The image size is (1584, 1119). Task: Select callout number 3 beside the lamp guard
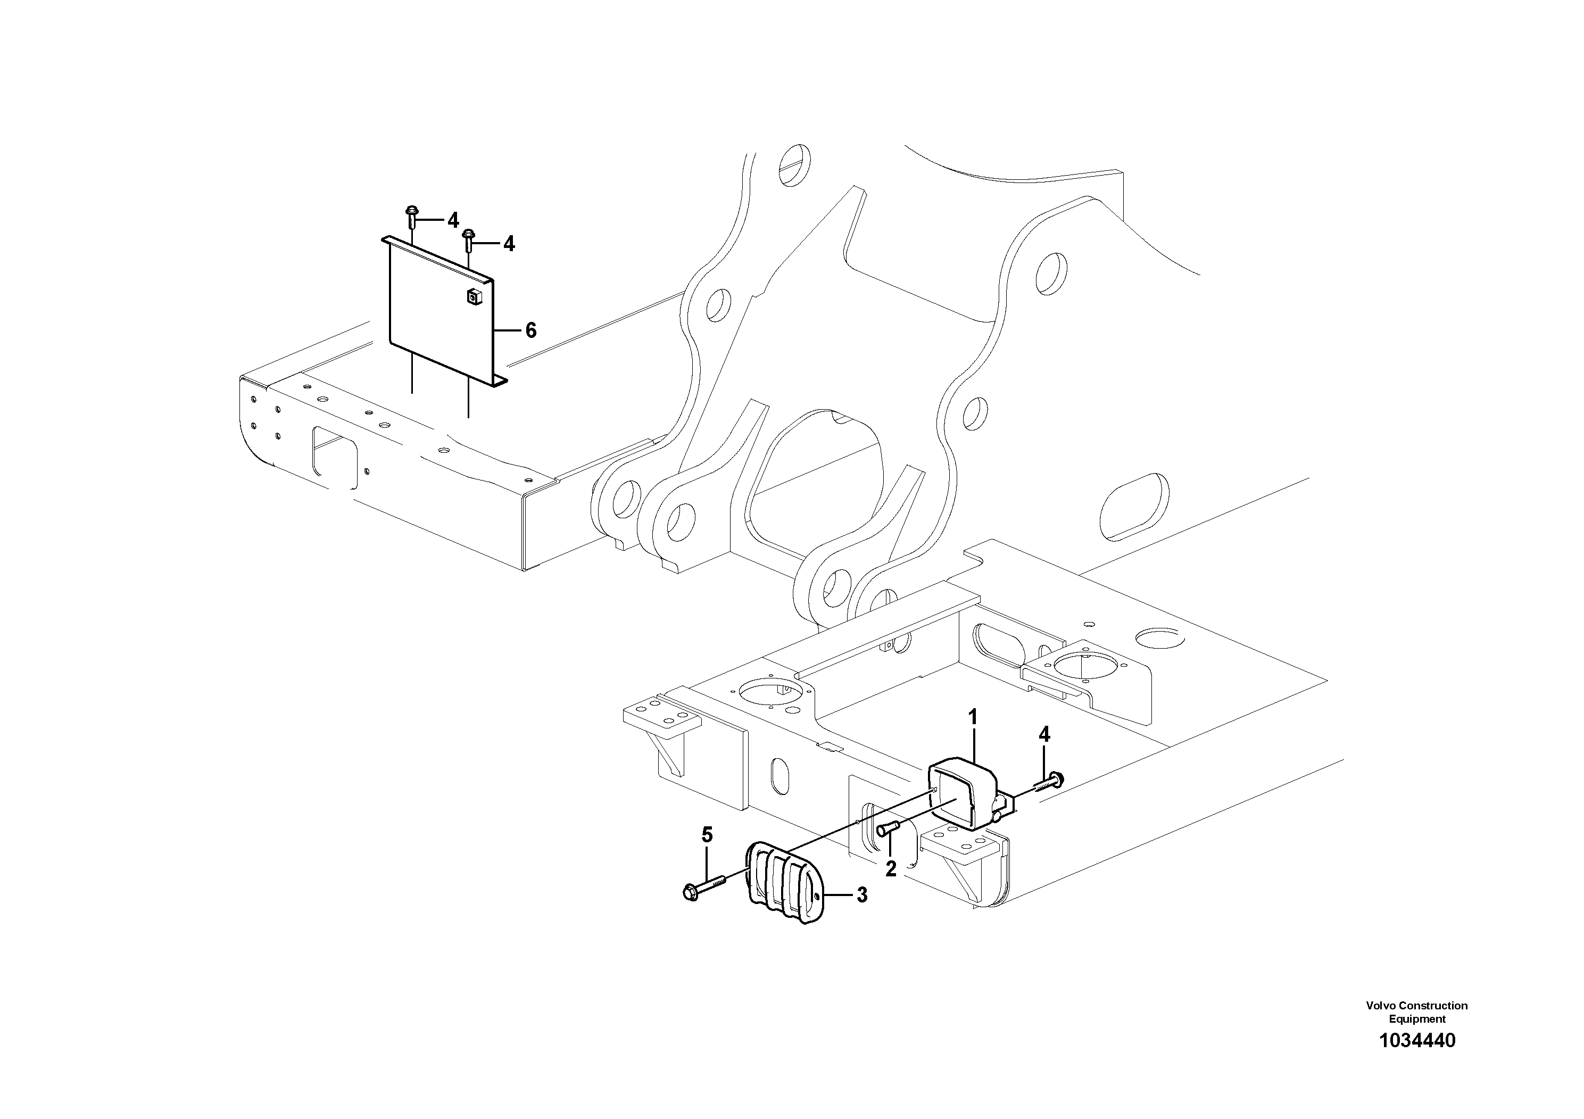pyautogui.click(x=861, y=896)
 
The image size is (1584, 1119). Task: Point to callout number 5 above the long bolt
pyautogui.click(x=707, y=835)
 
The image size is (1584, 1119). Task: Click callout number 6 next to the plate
pyautogui.click(x=530, y=330)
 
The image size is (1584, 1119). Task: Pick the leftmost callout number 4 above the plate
pyautogui.click(x=453, y=220)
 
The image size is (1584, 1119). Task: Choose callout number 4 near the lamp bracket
pyautogui.click(x=1044, y=735)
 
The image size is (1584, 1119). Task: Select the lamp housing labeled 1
pyautogui.click(x=963, y=793)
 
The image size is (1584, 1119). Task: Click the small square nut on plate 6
pyautogui.click(x=473, y=297)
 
